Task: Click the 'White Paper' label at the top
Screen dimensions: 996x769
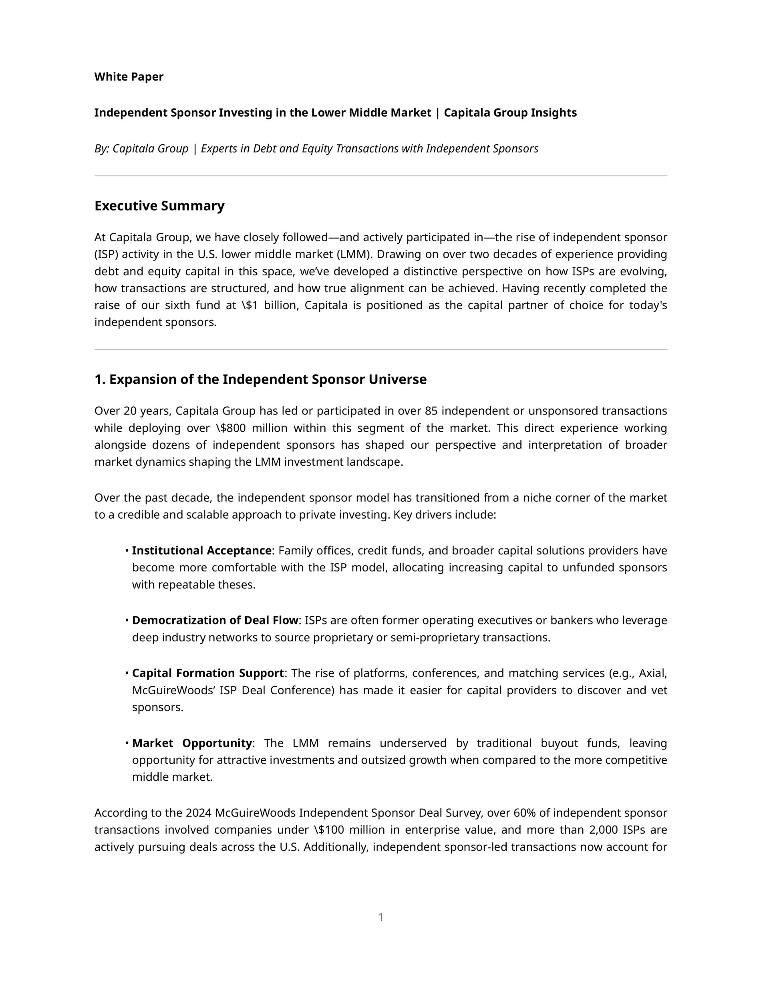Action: click(x=129, y=77)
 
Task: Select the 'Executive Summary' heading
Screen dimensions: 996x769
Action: click(x=159, y=206)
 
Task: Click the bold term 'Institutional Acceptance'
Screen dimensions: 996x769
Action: click(x=201, y=550)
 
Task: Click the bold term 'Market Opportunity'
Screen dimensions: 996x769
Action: click(x=191, y=743)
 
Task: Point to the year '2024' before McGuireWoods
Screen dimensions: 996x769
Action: click(x=198, y=813)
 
